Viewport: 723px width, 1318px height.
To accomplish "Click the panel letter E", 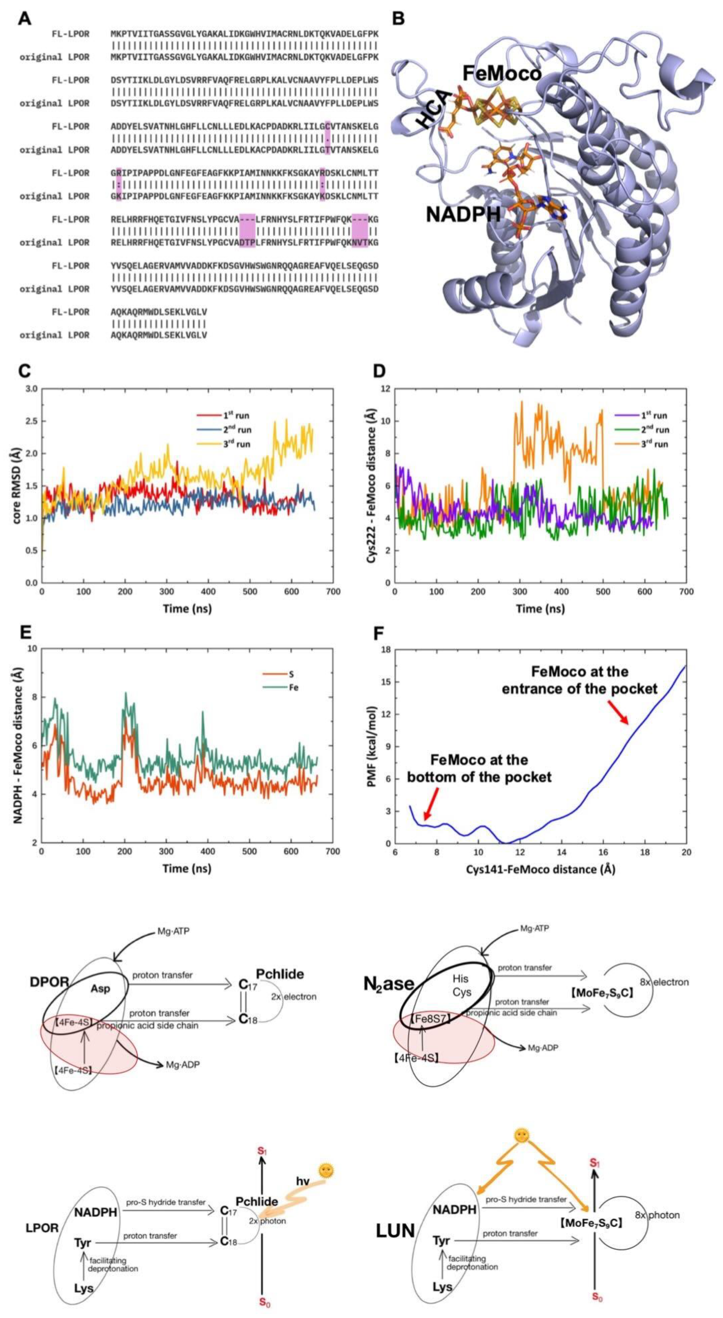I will click(x=25, y=634).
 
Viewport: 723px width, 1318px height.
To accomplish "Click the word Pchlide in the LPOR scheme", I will click(x=257, y=1201).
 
